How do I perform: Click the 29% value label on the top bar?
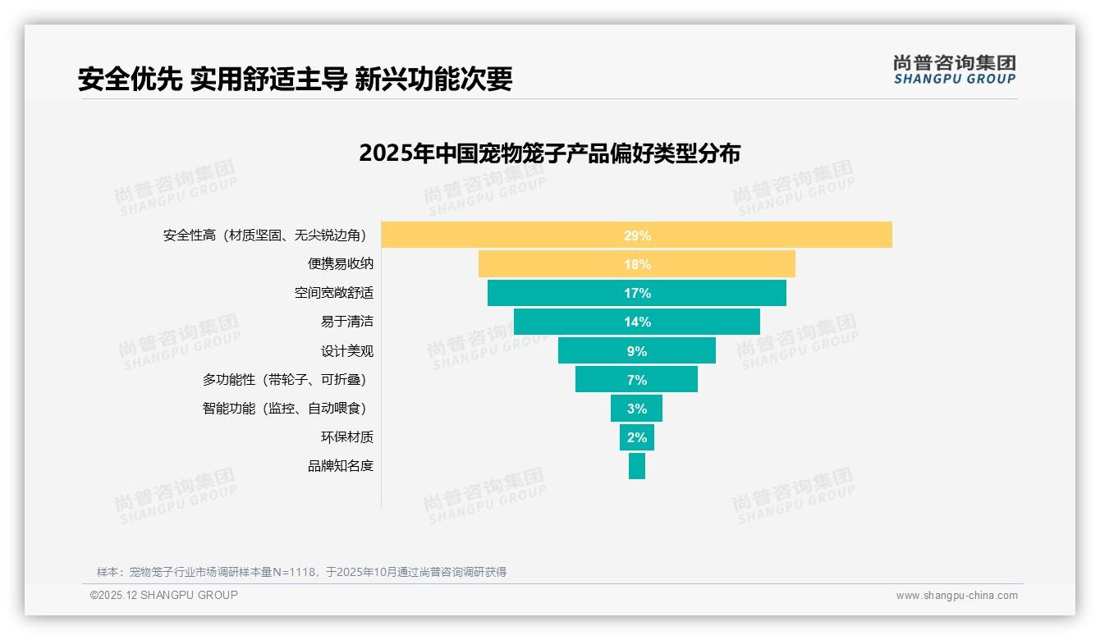pos(637,235)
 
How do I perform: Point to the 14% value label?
pos(637,322)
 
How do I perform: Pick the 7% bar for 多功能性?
pos(607,380)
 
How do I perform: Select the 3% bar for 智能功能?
pos(636,409)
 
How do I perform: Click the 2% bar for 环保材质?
pos(637,437)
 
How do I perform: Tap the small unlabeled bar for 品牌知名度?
pos(637,466)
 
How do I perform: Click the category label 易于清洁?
pos(346,322)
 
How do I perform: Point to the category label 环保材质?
pos(346,437)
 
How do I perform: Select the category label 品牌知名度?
pos(340,466)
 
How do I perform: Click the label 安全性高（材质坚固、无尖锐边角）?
pos(264,235)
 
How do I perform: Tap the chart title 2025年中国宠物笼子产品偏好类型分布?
pos(549,153)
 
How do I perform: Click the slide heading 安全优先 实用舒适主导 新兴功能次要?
pos(295,79)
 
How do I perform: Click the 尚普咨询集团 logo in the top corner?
pos(954,69)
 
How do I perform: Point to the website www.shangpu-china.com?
pos(956,596)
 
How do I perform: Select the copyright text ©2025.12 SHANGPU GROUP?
pos(163,595)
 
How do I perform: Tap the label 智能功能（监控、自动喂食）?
pos(284,409)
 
